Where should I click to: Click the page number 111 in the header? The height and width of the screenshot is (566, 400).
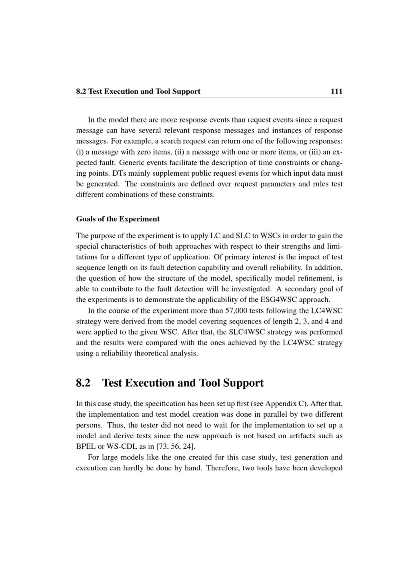coord(336,91)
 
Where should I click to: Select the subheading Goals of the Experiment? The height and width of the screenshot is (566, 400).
coord(118,219)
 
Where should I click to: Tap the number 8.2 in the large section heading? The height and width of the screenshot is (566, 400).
coord(83,383)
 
